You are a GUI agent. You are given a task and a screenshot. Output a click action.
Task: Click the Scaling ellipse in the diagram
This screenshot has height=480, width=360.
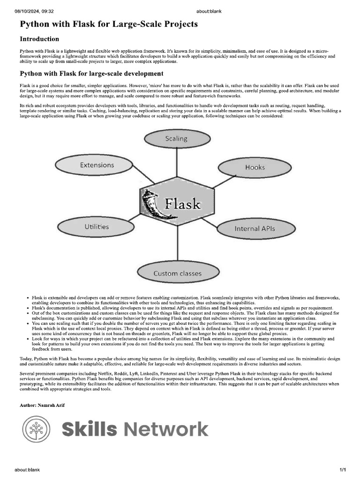coord(176,138)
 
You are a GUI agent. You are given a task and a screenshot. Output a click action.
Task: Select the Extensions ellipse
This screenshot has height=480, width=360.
coord(97,165)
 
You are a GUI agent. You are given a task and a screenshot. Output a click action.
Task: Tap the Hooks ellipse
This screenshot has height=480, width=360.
coord(255,167)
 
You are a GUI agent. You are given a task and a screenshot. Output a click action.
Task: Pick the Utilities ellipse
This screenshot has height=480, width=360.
coord(97,227)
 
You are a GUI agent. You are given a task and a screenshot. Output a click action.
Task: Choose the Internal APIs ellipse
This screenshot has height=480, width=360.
coord(255,229)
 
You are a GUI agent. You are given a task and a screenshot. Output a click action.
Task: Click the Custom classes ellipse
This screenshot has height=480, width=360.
coord(177,273)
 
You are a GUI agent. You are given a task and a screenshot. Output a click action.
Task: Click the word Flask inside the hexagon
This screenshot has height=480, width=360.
coord(182,204)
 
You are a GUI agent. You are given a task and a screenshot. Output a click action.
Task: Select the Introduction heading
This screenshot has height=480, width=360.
coord(39,39)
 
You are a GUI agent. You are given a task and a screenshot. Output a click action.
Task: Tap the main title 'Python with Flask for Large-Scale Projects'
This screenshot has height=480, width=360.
coord(108,24)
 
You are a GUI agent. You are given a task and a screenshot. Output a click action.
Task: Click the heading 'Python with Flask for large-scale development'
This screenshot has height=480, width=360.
coord(91,74)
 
